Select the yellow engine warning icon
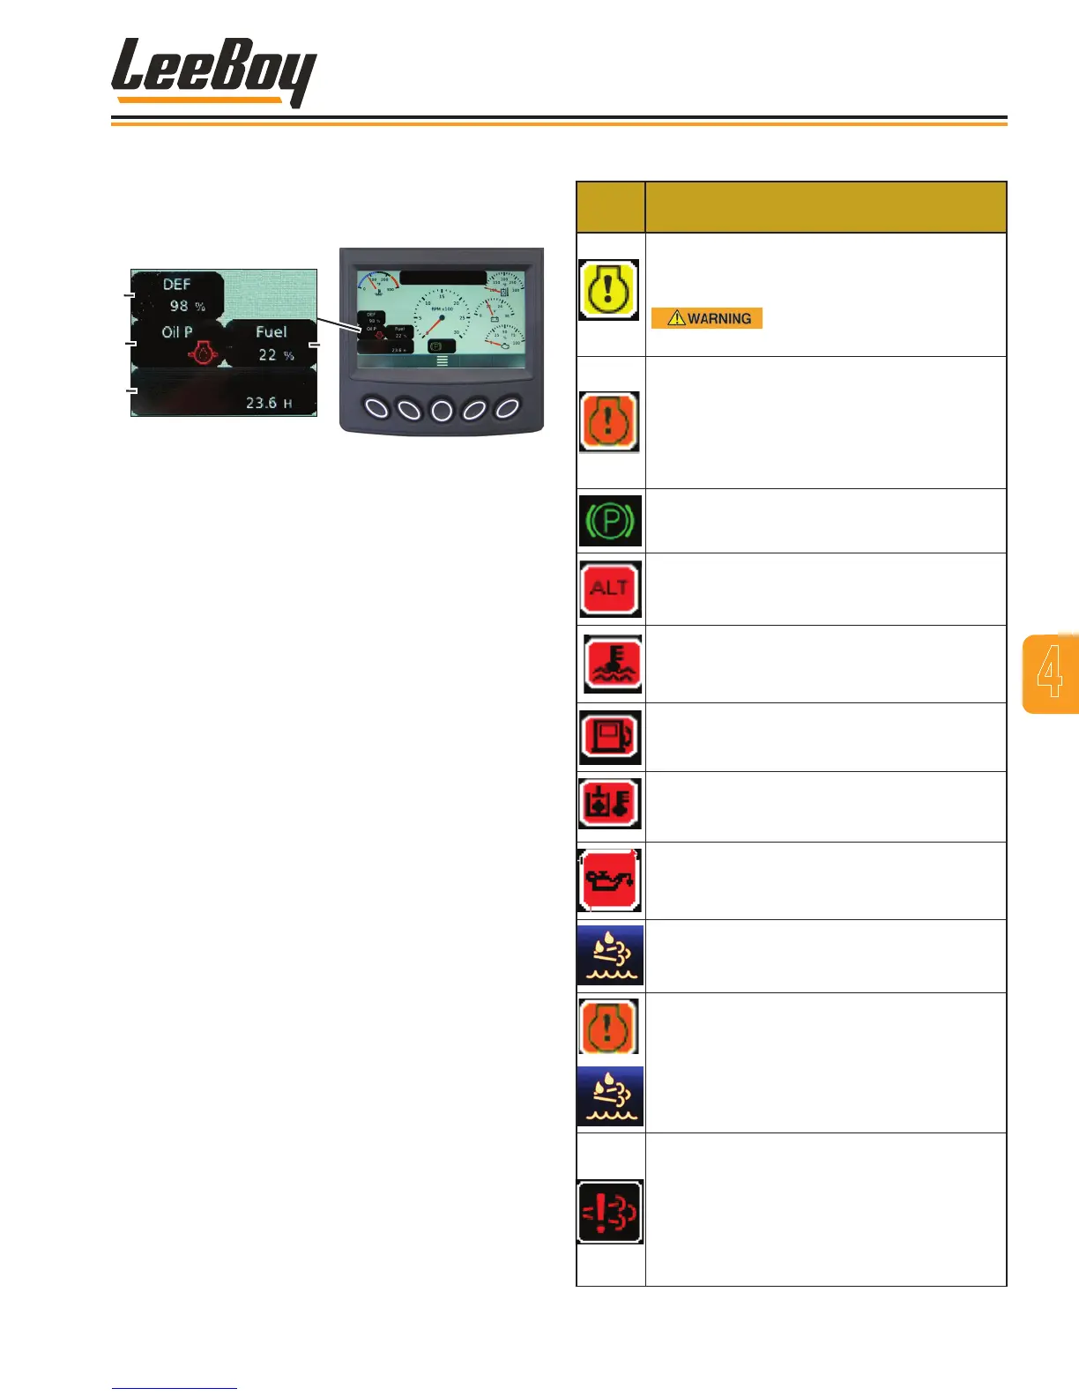[608, 290]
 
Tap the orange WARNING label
[707, 318]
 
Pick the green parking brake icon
[610, 521]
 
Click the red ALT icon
[610, 588]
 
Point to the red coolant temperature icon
[613, 664]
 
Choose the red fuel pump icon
[610, 736]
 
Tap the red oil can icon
[609, 880]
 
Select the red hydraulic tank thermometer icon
[609, 803]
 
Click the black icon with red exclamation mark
[610, 1212]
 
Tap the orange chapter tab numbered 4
[1050, 673]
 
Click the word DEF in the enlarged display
[176, 285]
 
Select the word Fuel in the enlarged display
[272, 332]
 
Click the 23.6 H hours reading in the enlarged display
[269, 403]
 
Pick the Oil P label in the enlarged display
[176, 332]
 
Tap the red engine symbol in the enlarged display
[204, 353]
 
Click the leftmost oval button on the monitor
[376, 408]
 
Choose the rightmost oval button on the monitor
[508, 408]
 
